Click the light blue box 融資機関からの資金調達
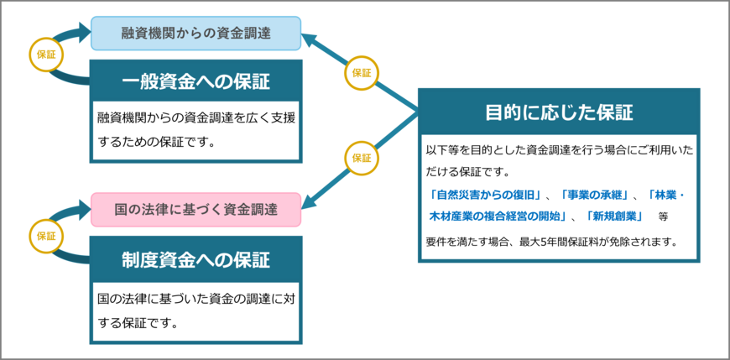(x=196, y=34)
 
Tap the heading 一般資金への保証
(x=196, y=81)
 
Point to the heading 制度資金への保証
(x=196, y=257)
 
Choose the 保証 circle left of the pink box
(x=45, y=235)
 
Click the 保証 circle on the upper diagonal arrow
(x=361, y=73)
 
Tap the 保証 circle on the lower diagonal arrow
(x=361, y=158)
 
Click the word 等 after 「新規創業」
(x=663, y=217)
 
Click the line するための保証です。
(x=157, y=142)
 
